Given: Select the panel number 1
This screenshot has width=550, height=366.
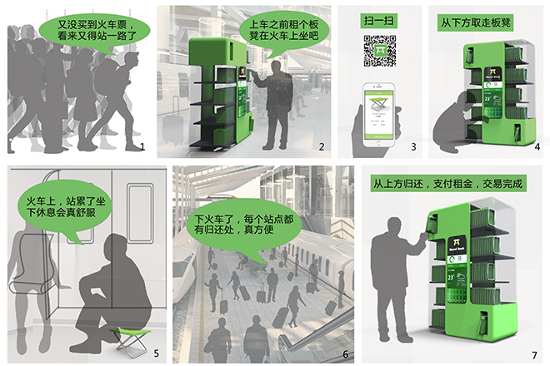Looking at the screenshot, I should tap(142, 147).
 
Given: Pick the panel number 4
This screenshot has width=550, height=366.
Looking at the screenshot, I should tap(537, 147).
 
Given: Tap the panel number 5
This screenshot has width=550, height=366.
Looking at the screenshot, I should tap(155, 352).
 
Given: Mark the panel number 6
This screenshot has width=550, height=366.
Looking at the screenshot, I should tap(345, 352).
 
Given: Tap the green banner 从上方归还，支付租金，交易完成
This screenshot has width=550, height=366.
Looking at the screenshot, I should tap(453, 181).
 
